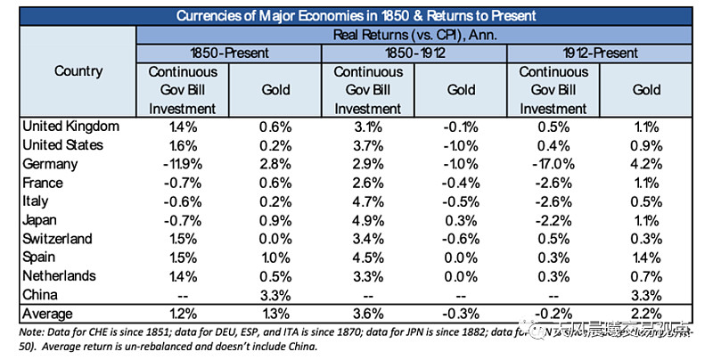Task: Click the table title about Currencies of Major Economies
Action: [356, 15]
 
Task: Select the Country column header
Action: [78, 70]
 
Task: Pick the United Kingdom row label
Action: [70, 127]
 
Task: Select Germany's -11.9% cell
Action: [183, 165]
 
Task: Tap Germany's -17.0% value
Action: [553, 165]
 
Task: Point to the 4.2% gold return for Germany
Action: [646, 165]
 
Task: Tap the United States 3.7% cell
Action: [368, 145]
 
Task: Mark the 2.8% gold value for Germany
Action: [275, 165]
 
